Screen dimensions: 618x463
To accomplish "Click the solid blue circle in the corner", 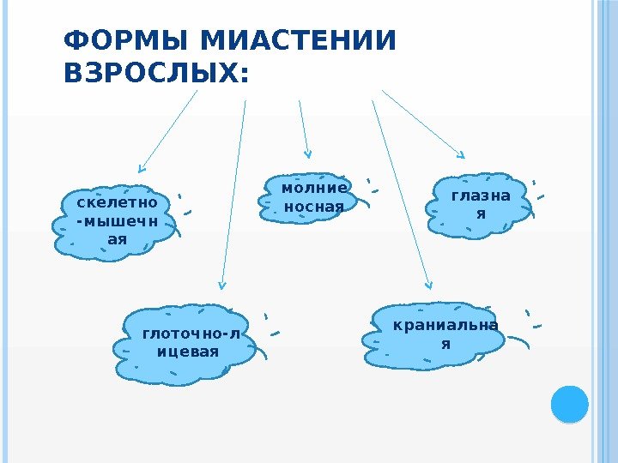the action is [x=569, y=404].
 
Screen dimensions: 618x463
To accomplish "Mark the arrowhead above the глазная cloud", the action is [x=461, y=156].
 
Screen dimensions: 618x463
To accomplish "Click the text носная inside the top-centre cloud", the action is [x=313, y=207].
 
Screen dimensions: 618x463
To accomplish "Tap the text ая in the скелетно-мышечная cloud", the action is [x=117, y=238].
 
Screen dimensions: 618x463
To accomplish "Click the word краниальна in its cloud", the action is [x=445, y=326].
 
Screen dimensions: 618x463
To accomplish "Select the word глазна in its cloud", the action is [x=480, y=195].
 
